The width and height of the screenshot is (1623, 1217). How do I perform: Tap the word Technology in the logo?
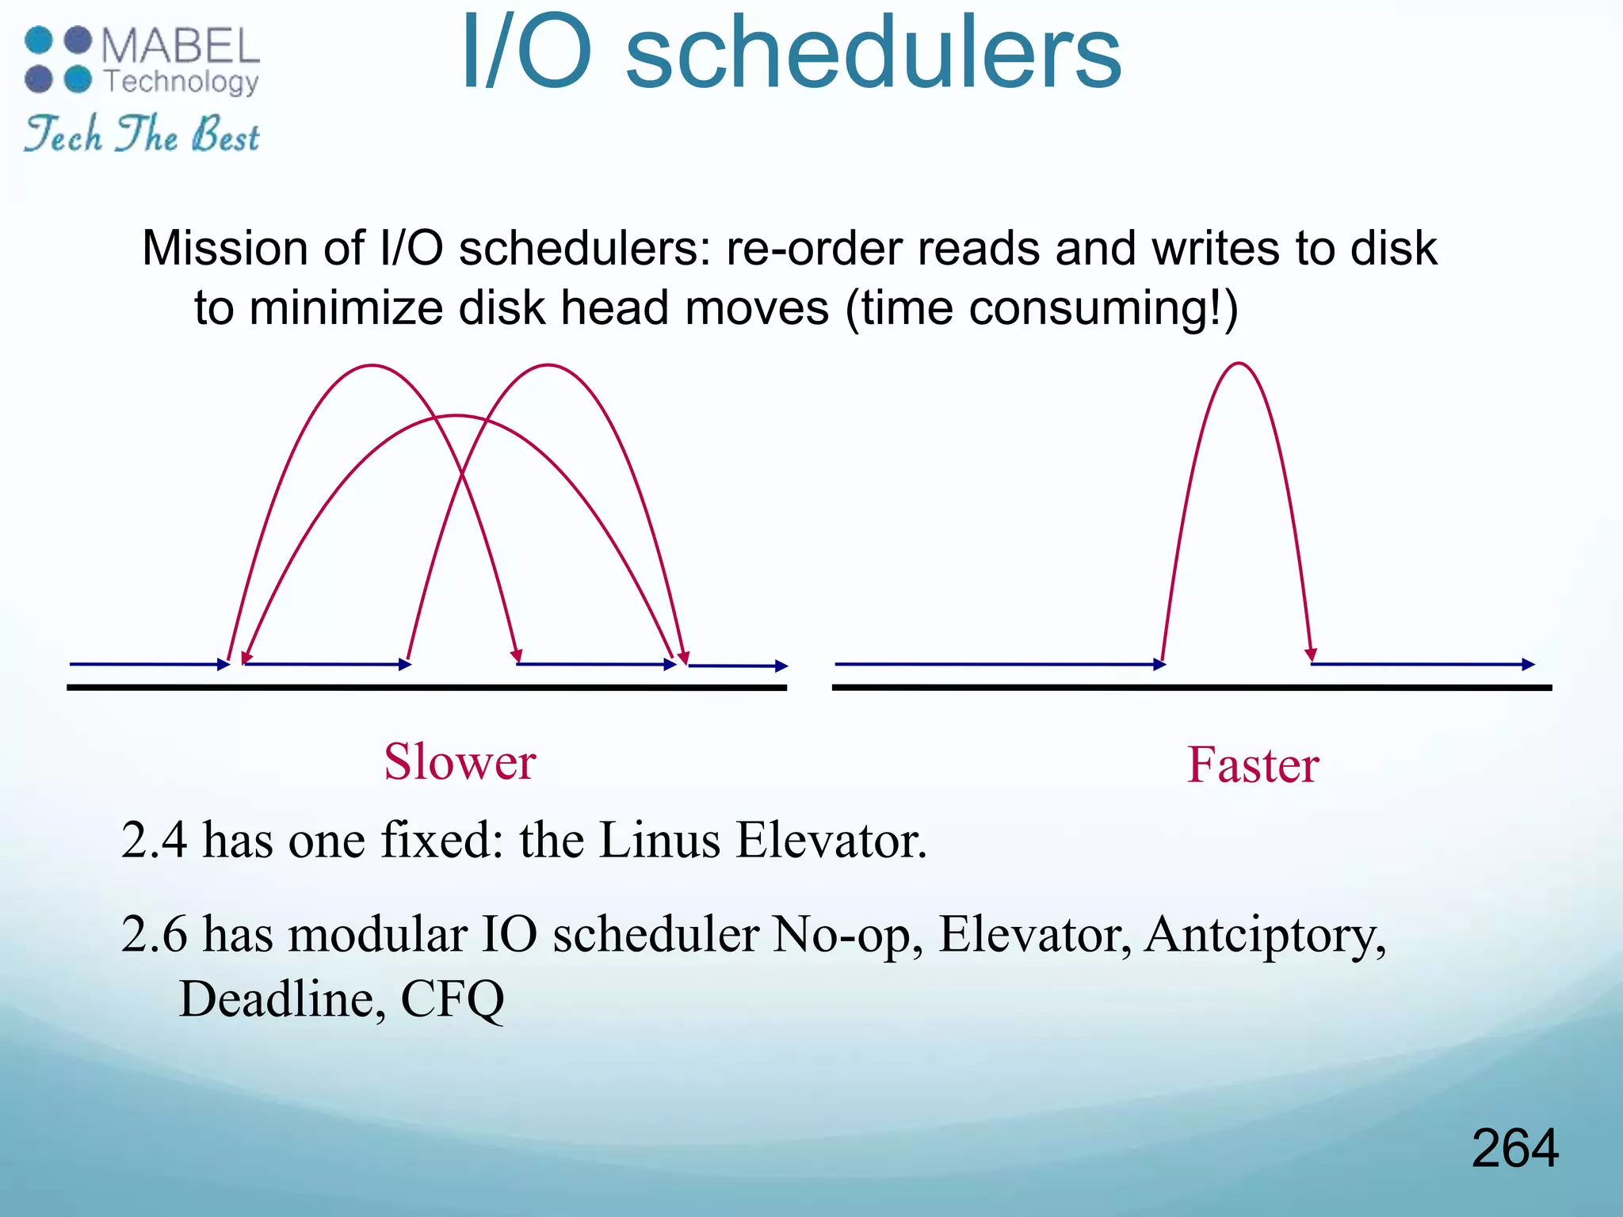[x=181, y=82]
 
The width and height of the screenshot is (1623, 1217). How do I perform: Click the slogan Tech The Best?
[x=142, y=134]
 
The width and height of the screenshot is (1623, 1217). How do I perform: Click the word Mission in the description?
[x=225, y=248]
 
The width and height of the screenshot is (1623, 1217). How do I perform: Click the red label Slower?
[x=460, y=761]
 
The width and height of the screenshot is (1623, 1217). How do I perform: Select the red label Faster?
[x=1252, y=765]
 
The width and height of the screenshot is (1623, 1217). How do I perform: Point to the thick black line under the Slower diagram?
[x=426, y=688]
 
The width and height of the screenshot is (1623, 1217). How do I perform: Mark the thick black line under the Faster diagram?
[x=1191, y=688]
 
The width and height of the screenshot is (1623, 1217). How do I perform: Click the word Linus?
[x=659, y=840]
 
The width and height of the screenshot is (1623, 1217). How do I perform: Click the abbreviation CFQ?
[x=452, y=1000]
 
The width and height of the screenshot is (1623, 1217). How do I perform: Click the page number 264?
[x=1514, y=1148]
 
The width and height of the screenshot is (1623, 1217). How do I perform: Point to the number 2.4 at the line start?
[x=154, y=840]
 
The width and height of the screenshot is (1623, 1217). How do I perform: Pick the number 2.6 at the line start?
[x=154, y=935]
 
